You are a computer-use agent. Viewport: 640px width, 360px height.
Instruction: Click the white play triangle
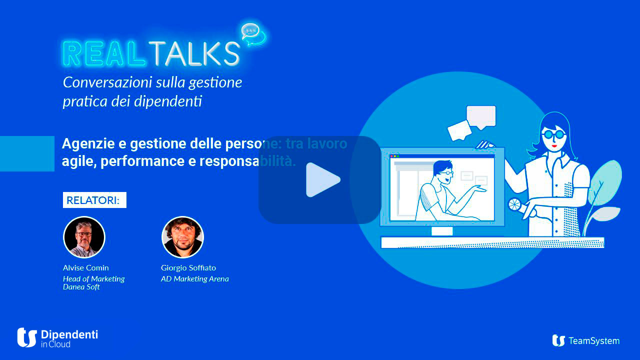point(322,179)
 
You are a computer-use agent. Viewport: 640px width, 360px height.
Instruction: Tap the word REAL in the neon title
point(103,53)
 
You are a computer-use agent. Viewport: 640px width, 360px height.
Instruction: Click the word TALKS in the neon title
point(193,53)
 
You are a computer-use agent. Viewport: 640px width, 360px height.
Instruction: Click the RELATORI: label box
point(94,200)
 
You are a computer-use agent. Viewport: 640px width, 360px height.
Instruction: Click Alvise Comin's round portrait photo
point(84,237)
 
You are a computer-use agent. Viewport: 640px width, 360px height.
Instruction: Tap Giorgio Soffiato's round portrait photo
point(182,237)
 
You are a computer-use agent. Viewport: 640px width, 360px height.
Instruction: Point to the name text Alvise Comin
point(85,267)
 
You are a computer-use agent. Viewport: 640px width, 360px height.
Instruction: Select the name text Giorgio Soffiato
point(188,267)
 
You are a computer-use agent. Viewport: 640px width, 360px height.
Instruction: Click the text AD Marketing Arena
point(194,278)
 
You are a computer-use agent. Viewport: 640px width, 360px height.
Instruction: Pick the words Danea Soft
point(81,286)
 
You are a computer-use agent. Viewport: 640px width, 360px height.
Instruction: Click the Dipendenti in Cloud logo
point(57,337)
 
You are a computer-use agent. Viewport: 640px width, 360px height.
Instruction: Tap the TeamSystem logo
point(585,340)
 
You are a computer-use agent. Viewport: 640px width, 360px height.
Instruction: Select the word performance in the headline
point(133,161)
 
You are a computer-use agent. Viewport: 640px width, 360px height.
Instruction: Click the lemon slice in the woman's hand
point(514,204)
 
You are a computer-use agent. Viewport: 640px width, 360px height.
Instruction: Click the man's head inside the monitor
point(443,169)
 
